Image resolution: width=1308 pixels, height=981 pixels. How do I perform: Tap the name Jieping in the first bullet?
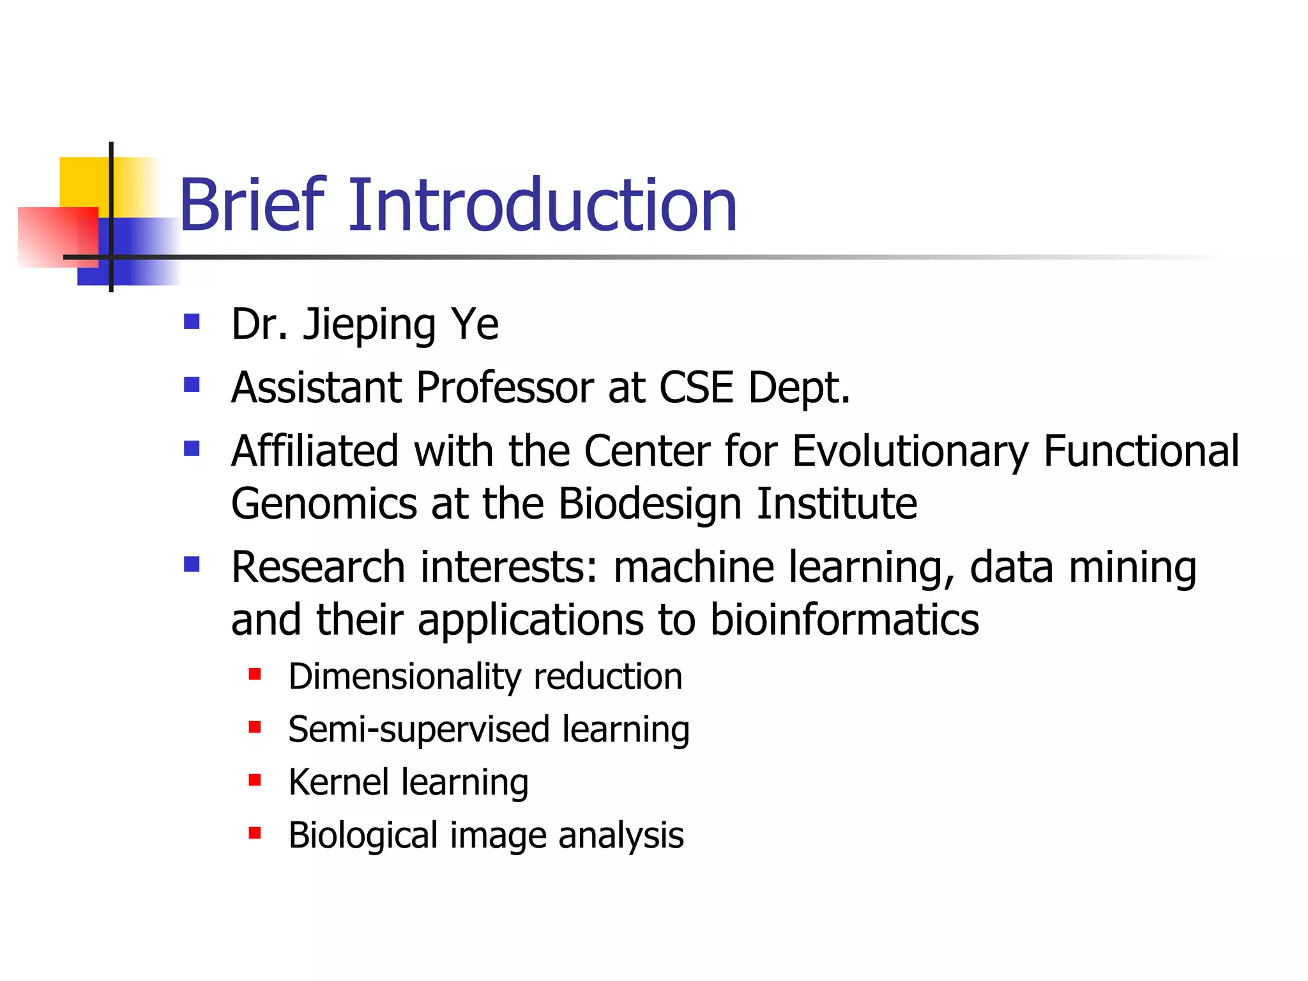(370, 324)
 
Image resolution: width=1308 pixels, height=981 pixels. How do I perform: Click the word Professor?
(505, 388)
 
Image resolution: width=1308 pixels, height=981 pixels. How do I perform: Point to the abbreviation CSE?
(696, 388)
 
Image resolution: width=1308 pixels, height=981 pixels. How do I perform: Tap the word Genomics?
(324, 504)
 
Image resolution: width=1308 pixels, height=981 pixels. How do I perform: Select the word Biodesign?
(650, 504)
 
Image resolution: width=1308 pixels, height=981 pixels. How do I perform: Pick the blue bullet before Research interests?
(192, 564)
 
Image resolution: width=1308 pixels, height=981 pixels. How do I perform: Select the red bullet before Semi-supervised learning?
(255, 727)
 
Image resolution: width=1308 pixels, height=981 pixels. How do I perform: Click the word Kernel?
(338, 782)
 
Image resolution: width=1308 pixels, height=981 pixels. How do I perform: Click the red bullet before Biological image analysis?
(255, 833)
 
